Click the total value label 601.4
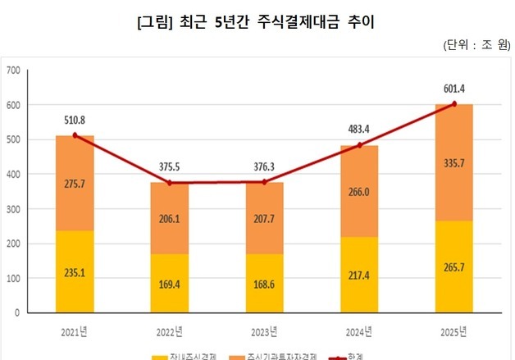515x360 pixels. [453, 88]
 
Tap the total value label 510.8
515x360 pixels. [75, 119]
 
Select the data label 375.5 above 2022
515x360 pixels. [169, 166]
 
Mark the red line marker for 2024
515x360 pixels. [359, 145]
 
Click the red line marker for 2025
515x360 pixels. [453, 104]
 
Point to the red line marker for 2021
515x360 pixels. [75, 135]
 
